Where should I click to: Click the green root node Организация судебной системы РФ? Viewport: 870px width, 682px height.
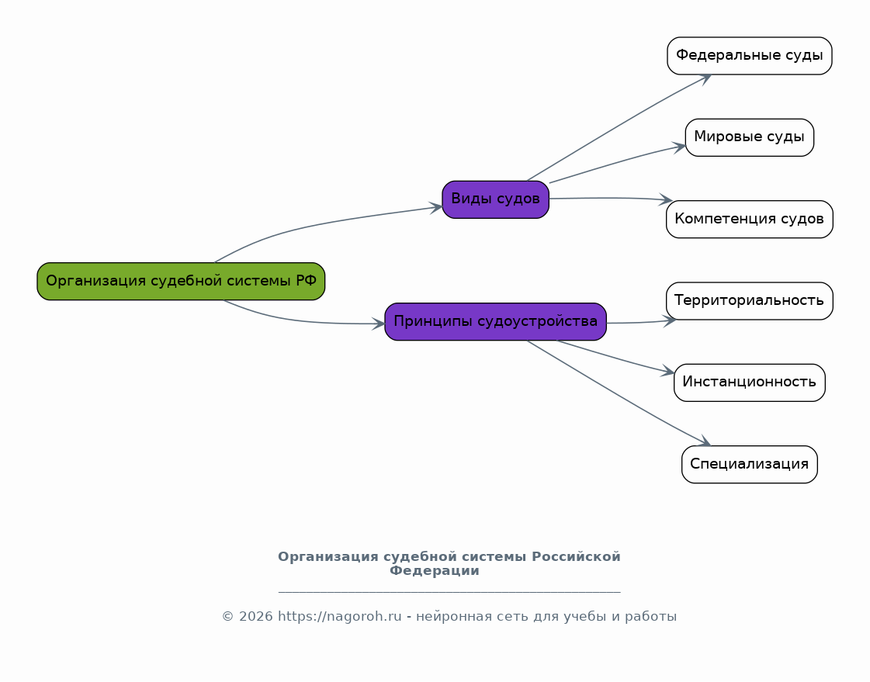coord(181,281)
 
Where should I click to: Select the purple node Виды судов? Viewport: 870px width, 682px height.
coord(495,199)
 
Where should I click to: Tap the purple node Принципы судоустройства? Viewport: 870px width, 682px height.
coord(495,321)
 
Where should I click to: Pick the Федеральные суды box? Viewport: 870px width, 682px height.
coord(749,56)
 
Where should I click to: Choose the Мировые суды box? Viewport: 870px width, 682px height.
coord(749,137)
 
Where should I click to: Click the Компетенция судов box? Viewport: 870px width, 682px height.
coord(749,219)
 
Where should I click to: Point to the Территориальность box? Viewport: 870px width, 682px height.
coord(749,300)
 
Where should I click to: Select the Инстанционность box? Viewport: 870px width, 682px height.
coord(749,383)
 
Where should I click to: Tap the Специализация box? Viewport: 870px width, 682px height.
coord(749,464)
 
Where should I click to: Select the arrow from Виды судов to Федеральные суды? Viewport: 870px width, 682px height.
coord(621,124)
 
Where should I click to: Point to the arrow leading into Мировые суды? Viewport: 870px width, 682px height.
coord(621,161)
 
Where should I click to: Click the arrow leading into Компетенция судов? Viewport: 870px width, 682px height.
coord(613,198)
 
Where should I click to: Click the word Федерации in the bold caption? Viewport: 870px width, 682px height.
coord(434,571)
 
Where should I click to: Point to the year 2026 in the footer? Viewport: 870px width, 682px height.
coord(256,617)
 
